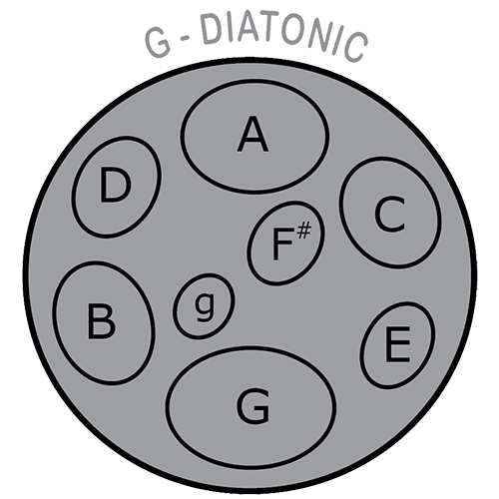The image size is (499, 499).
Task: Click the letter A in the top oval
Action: click(x=252, y=135)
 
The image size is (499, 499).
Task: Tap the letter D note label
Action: click(x=115, y=185)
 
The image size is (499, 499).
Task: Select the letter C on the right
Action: click(x=389, y=215)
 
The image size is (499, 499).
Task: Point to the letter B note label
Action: click(x=102, y=322)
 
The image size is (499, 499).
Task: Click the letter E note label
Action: click(x=397, y=344)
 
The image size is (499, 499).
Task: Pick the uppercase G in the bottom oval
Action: click(x=252, y=406)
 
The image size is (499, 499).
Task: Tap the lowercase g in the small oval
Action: click(x=205, y=306)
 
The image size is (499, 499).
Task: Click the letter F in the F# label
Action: click(x=283, y=245)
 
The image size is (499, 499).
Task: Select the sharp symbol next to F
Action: click(x=304, y=232)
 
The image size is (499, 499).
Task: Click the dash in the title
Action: click(x=185, y=39)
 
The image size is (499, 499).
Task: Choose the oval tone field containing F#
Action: click(x=286, y=244)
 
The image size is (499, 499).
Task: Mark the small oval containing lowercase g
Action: click(x=204, y=306)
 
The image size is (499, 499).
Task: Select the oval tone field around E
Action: click(x=397, y=345)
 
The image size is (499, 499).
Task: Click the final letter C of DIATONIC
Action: click(x=355, y=47)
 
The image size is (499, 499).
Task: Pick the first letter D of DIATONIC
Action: click(x=211, y=29)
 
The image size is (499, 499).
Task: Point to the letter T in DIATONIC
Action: click(x=267, y=29)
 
